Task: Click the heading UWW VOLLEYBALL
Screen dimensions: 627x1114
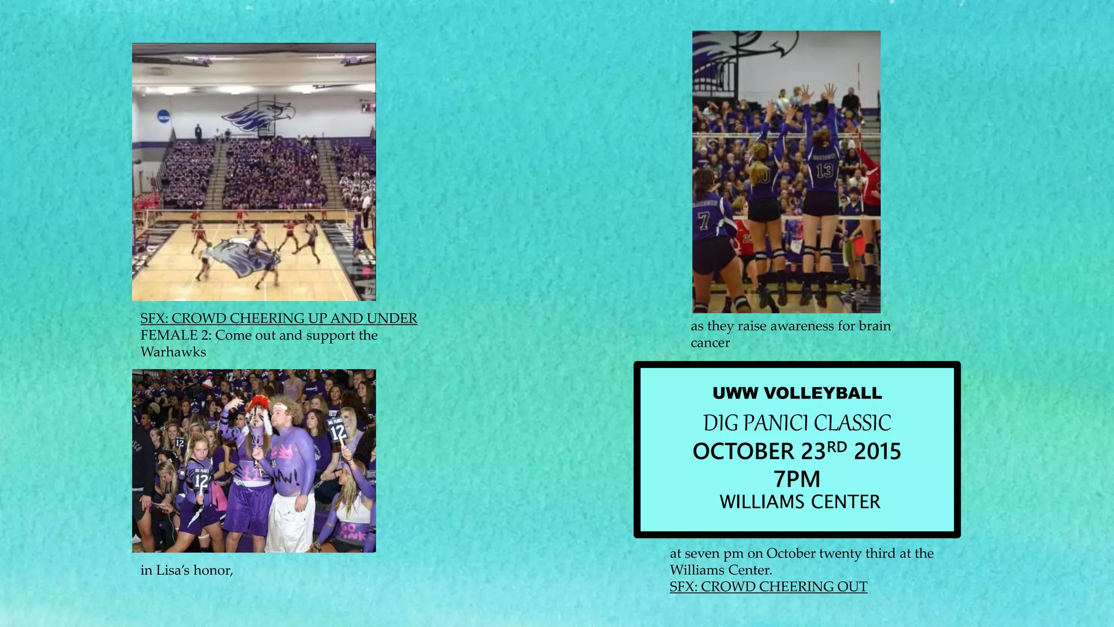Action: tap(797, 393)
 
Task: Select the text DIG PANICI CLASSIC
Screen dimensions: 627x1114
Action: tap(797, 423)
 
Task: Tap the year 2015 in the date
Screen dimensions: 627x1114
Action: tap(877, 451)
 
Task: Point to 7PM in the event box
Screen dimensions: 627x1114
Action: tap(797, 479)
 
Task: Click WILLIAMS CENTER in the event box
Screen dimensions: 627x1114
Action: tap(800, 502)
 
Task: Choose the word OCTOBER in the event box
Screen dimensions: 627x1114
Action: tap(743, 452)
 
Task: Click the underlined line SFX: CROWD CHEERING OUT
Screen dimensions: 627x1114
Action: tap(768, 587)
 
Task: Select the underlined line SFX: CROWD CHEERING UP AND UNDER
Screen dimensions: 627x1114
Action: tap(278, 318)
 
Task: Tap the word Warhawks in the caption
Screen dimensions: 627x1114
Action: tap(173, 352)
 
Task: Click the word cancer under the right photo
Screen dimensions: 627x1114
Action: tap(710, 343)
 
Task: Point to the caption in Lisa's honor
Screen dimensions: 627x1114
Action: tap(187, 570)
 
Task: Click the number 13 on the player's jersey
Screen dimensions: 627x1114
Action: tap(824, 170)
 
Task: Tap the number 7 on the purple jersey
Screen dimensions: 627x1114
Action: tap(704, 221)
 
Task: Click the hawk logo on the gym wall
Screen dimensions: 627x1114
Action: tap(259, 115)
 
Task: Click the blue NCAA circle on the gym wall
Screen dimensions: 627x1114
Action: tap(163, 116)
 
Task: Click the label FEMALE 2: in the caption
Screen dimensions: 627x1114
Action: tap(176, 335)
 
